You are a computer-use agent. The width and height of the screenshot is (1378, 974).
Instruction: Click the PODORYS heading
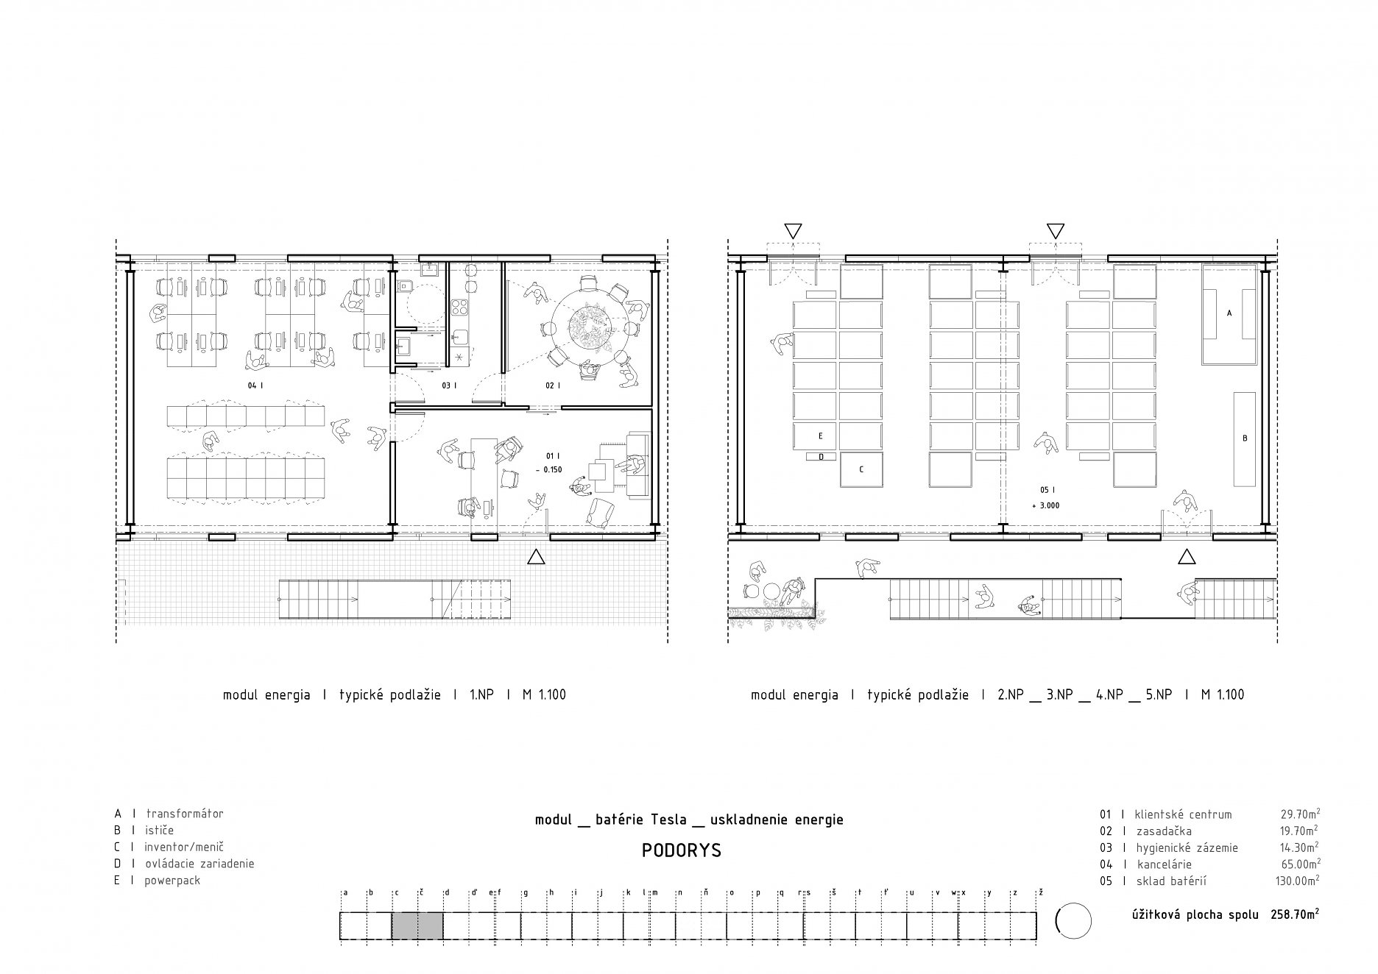(x=681, y=851)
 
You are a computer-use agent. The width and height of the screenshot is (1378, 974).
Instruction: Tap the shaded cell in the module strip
(x=417, y=925)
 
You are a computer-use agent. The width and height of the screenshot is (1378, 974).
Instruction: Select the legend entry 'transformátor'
(x=185, y=814)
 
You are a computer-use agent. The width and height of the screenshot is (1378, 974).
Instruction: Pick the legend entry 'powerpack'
(x=173, y=880)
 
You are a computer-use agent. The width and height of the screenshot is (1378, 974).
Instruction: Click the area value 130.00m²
(x=1297, y=881)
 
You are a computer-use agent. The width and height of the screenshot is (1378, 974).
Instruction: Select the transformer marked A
(x=1229, y=314)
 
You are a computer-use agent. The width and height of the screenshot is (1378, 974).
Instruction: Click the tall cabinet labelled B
(x=1245, y=439)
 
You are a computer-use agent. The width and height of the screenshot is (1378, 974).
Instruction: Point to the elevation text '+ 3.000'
(x=1046, y=505)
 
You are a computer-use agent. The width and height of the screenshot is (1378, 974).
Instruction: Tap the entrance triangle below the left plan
(x=536, y=557)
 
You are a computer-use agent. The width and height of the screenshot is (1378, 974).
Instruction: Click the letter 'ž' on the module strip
(x=1040, y=892)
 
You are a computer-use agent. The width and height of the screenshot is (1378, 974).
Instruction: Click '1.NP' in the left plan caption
(x=481, y=694)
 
